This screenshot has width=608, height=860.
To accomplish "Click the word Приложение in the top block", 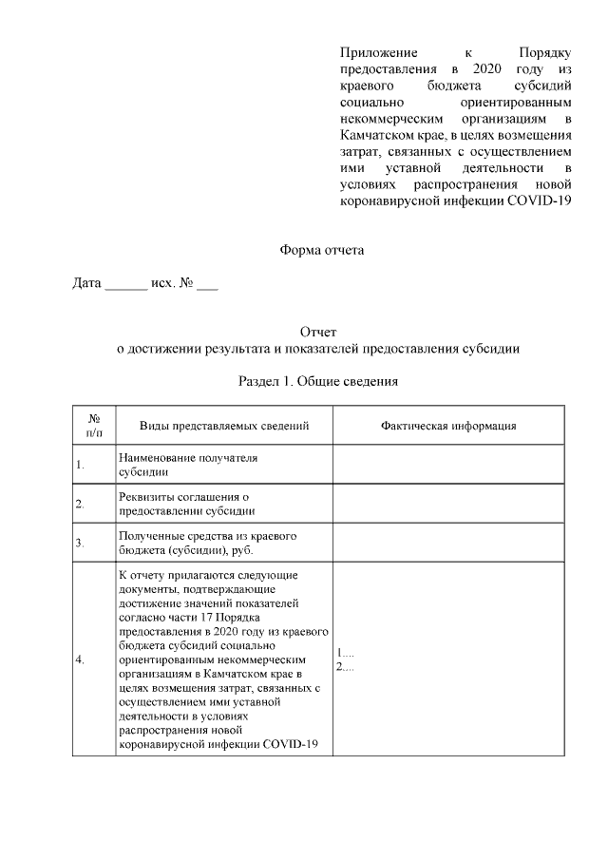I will click(x=378, y=51).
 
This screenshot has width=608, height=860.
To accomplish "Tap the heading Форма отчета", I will click(x=321, y=251).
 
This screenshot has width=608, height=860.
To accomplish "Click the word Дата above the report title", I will click(x=87, y=284).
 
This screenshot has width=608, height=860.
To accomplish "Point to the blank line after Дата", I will click(x=125, y=285).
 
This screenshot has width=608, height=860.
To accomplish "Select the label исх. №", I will click(x=173, y=284).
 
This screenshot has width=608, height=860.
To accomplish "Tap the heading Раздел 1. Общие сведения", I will click(x=317, y=382).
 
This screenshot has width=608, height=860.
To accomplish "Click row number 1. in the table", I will click(x=81, y=465).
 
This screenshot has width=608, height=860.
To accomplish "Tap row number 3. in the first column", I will click(x=81, y=543).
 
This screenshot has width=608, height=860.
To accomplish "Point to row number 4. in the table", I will click(x=81, y=659).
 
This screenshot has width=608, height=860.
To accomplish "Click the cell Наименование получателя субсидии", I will click(x=187, y=465).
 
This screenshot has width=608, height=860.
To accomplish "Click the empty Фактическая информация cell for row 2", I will click(x=448, y=503).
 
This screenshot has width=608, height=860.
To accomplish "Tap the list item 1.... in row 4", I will click(x=345, y=653).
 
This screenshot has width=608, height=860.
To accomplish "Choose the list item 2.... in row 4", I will click(x=345, y=666).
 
